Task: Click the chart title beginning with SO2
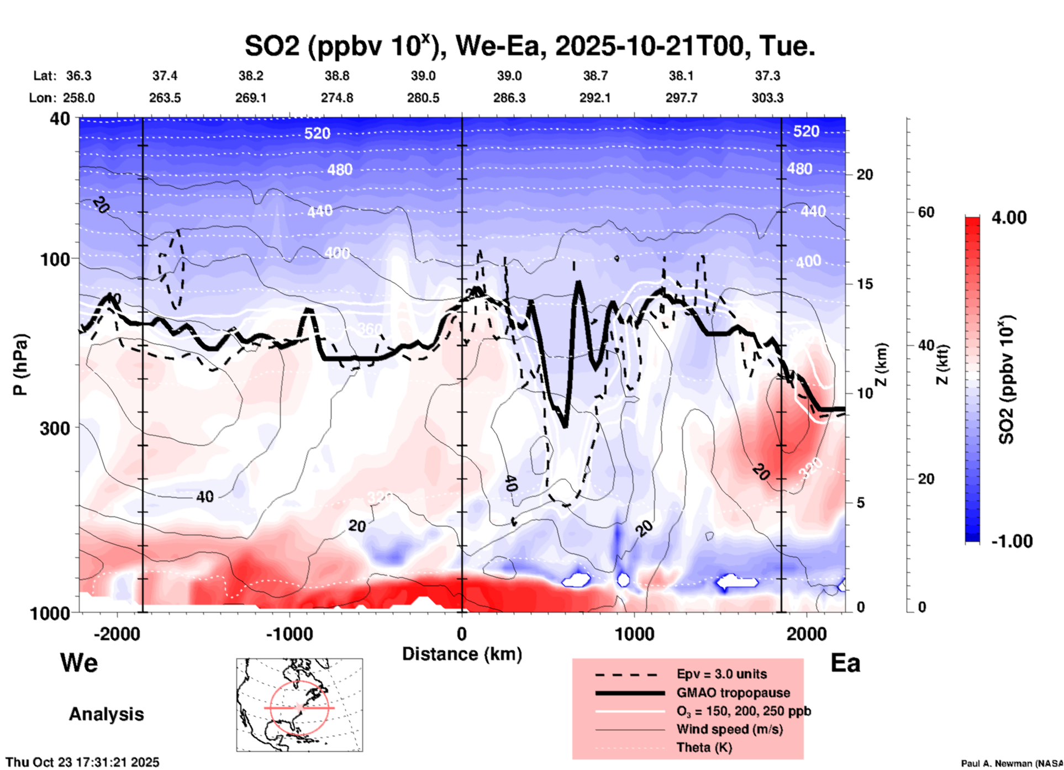[x=529, y=46]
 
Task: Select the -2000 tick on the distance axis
[x=117, y=634]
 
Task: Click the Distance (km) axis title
[x=462, y=654]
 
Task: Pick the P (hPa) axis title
[x=20, y=365]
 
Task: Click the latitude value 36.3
[x=79, y=76]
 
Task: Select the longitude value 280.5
[x=423, y=98]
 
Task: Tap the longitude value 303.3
[x=767, y=98]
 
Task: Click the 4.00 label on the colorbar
[x=1009, y=217]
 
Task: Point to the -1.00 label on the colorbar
[x=1011, y=541]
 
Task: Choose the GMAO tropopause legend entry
[x=733, y=693]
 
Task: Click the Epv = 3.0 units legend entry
[x=721, y=674]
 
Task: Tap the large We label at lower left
[x=79, y=662]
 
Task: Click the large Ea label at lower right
[x=845, y=663]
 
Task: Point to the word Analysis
[x=106, y=714]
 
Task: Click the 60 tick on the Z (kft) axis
[x=926, y=212]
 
